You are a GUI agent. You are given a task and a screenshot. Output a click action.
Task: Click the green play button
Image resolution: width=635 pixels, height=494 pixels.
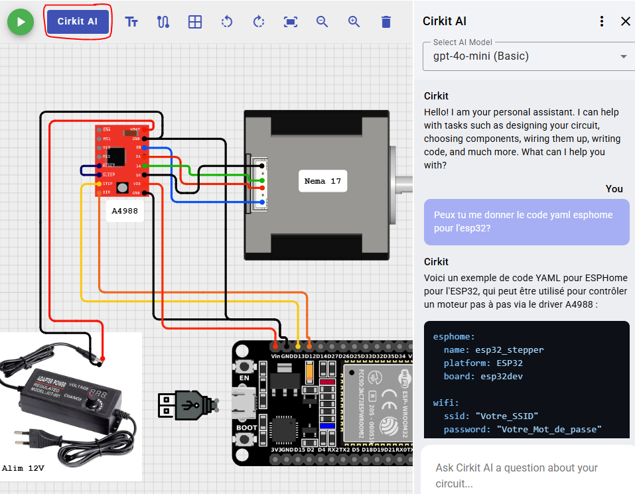(x=21, y=22)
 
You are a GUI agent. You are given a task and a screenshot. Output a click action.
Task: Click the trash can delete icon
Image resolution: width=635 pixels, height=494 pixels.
(x=386, y=22)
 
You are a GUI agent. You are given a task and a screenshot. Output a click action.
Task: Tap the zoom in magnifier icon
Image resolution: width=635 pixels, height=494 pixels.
(x=354, y=22)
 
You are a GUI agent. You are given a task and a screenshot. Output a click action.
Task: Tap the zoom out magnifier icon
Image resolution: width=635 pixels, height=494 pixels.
(x=322, y=22)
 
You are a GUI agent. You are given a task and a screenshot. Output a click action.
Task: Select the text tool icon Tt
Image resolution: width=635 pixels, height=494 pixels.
(x=131, y=22)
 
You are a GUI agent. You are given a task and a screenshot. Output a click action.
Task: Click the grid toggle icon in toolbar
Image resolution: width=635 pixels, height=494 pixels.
(x=194, y=22)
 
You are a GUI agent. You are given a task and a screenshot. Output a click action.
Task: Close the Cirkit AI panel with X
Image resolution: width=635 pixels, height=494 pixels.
(x=625, y=21)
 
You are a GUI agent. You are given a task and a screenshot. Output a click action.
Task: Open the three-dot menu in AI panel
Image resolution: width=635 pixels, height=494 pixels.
(x=602, y=21)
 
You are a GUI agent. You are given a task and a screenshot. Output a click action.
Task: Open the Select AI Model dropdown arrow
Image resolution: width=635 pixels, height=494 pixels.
(x=623, y=56)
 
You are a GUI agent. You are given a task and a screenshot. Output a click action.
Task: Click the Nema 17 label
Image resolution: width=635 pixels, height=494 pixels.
(x=322, y=181)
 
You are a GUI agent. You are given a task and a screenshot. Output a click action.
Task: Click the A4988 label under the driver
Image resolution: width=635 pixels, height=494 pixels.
(x=124, y=212)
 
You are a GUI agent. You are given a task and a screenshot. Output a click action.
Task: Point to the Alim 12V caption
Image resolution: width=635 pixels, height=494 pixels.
(x=24, y=468)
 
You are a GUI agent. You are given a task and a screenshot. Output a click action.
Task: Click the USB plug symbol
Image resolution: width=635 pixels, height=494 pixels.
(x=188, y=404)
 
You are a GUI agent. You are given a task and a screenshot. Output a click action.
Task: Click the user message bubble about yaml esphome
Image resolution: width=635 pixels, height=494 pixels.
(x=526, y=222)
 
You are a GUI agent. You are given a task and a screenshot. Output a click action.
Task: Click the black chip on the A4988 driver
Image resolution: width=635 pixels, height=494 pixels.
(x=116, y=155)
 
